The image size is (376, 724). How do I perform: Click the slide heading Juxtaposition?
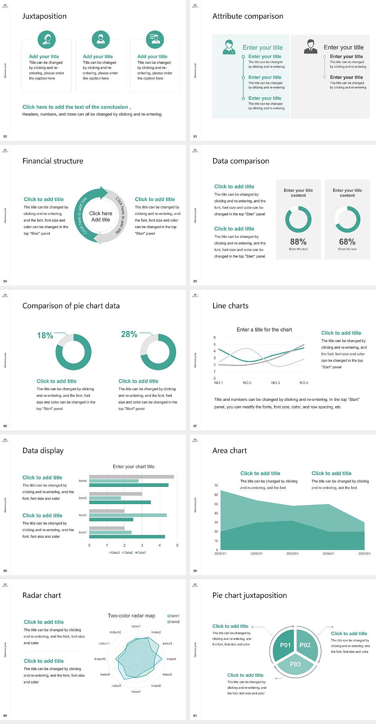tap(44, 16)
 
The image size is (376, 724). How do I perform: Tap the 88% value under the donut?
tap(298, 242)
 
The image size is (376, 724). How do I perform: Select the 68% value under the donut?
tap(347, 242)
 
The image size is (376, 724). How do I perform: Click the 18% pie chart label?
tap(45, 335)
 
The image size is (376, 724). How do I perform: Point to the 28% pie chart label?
tap(129, 334)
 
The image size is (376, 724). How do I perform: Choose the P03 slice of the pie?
tap(295, 664)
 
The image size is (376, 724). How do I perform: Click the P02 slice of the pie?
tap(305, 645)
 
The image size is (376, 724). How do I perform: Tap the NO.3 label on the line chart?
tap(275, 383)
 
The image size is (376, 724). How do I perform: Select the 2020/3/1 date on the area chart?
tap(292, 554)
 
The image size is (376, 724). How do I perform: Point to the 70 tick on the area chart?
tap(216, 486)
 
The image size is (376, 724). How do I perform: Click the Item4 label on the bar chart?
tap(83, 481)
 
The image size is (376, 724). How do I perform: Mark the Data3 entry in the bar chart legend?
tap(114, 553)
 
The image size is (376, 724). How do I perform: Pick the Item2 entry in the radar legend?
tap(174, 622)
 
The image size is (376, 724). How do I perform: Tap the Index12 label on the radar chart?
tap(115, 632)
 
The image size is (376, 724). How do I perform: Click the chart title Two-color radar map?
tap(131, 616)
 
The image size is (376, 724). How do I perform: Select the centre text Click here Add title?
tap(101, 216)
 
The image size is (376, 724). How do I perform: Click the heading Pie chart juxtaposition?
tap(249, 595)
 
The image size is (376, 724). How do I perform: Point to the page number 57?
tap(195, 426)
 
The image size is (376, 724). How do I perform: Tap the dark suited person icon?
tap(311, 47)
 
